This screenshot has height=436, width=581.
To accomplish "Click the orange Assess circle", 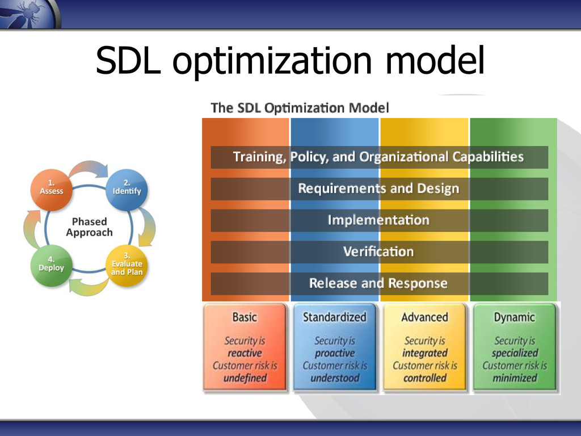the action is pyautogui.click(x=51, y=190).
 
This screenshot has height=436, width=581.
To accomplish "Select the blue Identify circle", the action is pyautogui.click(x=127, y=190).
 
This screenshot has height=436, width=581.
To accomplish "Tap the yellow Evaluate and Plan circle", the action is pyautogui.click(x=127, y=266).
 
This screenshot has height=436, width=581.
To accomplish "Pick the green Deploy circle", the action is pyautogui.click(x=51, y=266).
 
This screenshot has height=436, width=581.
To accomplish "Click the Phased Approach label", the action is pyautogui.click(x=89, y=227).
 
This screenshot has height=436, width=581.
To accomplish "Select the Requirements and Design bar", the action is pyautogui.click(x=379, y=188).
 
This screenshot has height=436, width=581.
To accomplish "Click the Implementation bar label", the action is pyautogui.click(x=378, y=220).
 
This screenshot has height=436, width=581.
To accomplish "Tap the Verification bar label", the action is pyautogui.click(x=378, y=251).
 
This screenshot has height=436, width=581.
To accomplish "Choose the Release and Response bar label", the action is pyautogui.click(x=378, y=283).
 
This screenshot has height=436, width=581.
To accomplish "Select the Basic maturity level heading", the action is pyautogui.click(x=245, y=317).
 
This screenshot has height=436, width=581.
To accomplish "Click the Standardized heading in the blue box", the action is pyautogui.click(x=335, y=317).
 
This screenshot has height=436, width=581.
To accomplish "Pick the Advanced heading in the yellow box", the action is pyautogui.click(x=424, y=317).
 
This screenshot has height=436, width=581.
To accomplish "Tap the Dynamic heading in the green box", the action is pyautogui.click(x=514, y=318).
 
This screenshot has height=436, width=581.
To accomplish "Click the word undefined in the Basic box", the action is pyautogui.click(x=245, y=378).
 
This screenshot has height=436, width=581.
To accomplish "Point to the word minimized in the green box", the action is pyautogui.click(x=515, y=378).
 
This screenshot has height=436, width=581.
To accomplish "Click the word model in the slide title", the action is pyautogui.click(x=435, y=60).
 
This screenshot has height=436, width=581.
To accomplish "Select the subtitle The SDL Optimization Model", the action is pyautogui.click(x=300, y=108).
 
